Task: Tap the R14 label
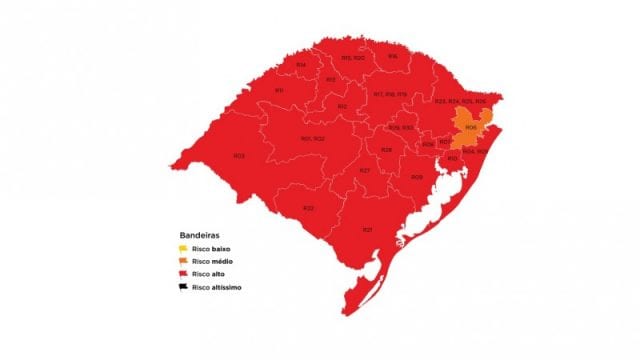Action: [x=301, y=65]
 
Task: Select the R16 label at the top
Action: [x=393, y=56]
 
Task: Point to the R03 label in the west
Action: [x=239, y=155]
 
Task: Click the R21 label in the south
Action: [x=367, y=230]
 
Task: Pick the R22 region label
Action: [x=309, y=207]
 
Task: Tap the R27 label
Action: [x=365, y=171]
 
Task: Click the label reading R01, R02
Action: [x=313, y=138]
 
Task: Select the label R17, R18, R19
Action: [x=389, y=94]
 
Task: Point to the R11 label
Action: [x=279, y=91]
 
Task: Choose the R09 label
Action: [x=416, y=177]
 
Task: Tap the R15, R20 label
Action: [x=352, y=59]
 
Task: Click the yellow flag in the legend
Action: [x=171, y=249]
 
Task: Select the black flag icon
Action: [x=171, y=287]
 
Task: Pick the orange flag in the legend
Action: [x=171, y=262]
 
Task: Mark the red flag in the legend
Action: [x=171, y=274]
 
